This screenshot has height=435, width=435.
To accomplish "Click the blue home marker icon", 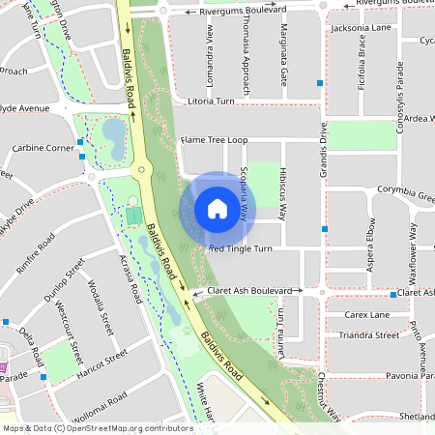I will [x=217, y=208].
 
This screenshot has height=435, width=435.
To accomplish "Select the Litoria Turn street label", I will [x=212, y=101].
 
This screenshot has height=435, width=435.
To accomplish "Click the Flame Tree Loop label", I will [x=215, y=140].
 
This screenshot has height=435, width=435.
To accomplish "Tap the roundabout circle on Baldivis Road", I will [x=141, y=171].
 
